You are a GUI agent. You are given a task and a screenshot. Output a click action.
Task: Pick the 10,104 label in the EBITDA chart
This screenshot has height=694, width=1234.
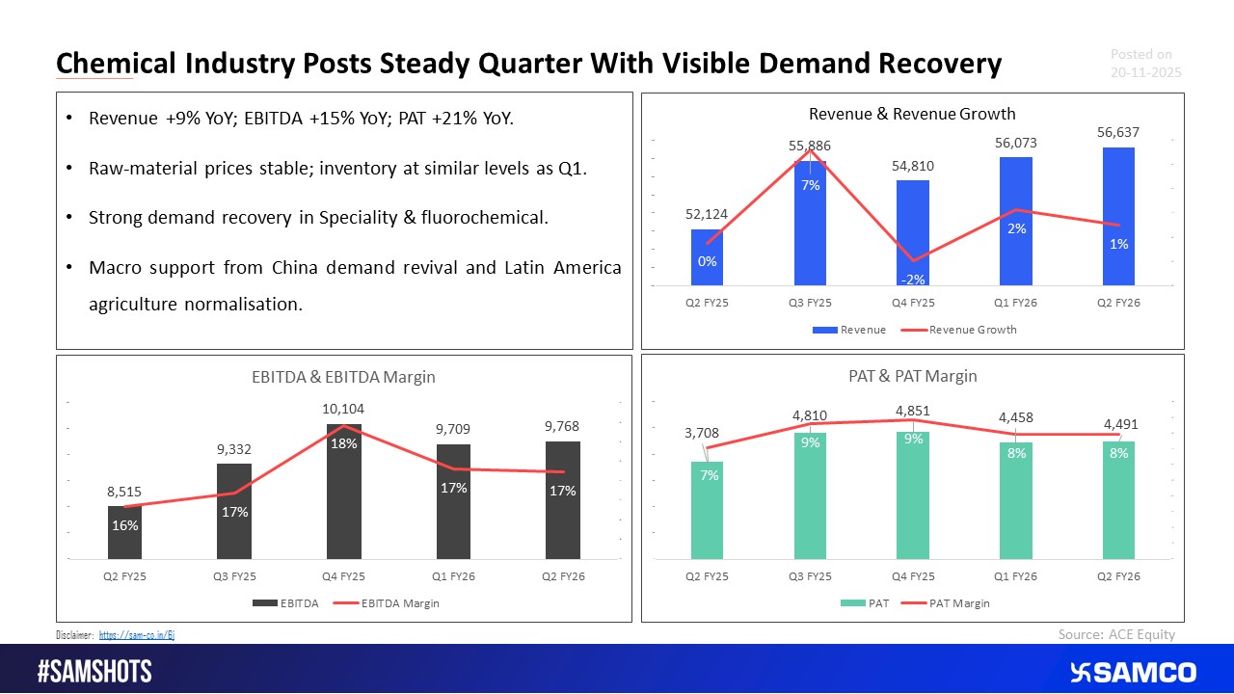tap(344, 410)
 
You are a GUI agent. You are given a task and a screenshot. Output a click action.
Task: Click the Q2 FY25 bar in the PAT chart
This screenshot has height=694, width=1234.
tap(707, 511)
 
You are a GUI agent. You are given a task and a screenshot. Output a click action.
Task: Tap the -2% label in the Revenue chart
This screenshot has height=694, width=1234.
tap(913, 280)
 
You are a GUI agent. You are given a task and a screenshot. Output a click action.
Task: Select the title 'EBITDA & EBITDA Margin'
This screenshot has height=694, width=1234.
tap(343, 377)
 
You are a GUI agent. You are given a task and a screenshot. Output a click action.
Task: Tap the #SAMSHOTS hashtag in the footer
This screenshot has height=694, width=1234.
tap(94, 673)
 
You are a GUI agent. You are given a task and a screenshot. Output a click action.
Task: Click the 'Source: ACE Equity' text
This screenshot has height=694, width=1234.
tap(1116, 633)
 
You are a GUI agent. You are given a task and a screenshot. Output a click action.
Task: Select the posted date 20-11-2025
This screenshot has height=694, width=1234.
tap(1145, 72)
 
